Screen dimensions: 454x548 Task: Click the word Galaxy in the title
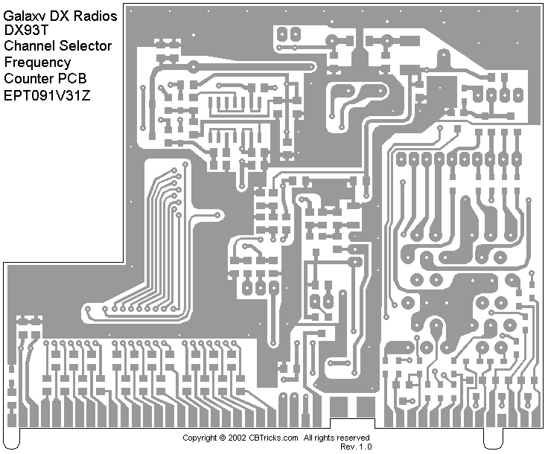pyautogui.click(x=25, y=13)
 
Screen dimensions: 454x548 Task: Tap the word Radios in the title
pyautogui.click(x=96, y=13)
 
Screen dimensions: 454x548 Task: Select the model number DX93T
pyautogui.click(x=25, y=30)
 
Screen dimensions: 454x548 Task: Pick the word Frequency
pyautogui.click(x=37, y=63)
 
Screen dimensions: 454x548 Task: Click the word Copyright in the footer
pyautogui.click(x=200, y=438)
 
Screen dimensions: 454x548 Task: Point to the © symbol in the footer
pyautogui.click(x=223, y=438)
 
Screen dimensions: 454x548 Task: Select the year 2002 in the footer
pyautogui.click(x=238, y=438)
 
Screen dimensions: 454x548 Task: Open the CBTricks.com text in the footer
pyautogui.click(x=273, y=438)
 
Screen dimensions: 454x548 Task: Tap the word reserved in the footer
pyautogui.click(x=354, y=438)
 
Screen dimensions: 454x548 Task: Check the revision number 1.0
pyautogui.click(x=365, y=447)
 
